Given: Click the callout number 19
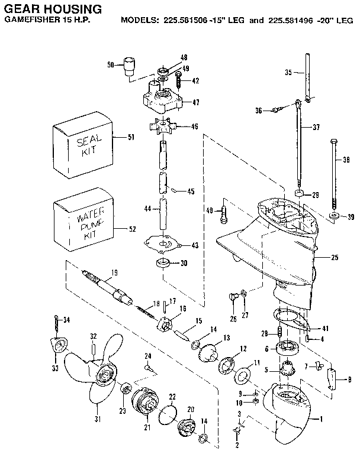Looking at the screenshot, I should pos(114,272).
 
